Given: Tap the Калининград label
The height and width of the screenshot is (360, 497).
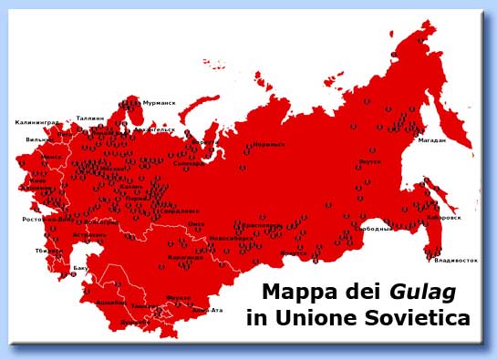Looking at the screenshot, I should click(x=37, y=122).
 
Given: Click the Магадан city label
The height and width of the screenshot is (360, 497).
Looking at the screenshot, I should click(x=432, y=140).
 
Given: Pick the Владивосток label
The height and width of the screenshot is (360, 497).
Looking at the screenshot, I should click(x=456, y=261).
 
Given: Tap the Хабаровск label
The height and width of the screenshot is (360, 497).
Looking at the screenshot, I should click(x=443, y=218).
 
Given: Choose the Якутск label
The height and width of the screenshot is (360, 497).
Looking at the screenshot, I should click(x=369, y=162).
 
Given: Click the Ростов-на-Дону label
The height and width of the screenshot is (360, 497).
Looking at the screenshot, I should click(x=48, y=220).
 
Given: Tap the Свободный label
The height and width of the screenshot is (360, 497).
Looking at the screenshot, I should click(x=376, y=228).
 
